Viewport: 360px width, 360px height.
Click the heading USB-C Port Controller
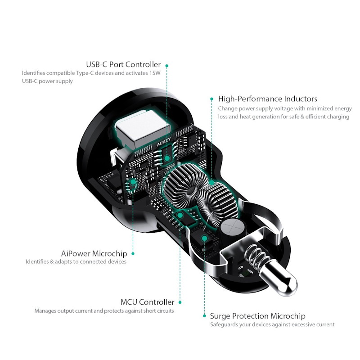(x=123, y=64)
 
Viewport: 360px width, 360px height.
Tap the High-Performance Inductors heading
(x=268, y=99)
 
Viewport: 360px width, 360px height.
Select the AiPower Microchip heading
(x=94, y=253)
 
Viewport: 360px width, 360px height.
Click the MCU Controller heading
(x=148, y=302)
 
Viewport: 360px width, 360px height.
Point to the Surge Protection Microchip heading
(x=257, y=316)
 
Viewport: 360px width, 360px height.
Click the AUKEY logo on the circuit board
(x=164, y=142)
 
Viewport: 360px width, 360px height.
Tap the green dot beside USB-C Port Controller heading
(x=167, y=66)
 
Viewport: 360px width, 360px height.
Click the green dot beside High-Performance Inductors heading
(x=211, y=99)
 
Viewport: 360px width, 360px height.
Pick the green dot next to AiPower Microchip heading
(x=133, y=253)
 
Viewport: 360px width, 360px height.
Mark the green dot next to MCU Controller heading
(x=180, y=302)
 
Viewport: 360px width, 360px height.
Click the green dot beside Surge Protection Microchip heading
(x=204, y=316)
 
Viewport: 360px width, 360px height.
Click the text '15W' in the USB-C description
(x=155, y=73)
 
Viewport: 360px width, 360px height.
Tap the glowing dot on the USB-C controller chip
(x=167, y=158)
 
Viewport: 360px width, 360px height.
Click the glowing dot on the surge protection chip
(x=204, y=238)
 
